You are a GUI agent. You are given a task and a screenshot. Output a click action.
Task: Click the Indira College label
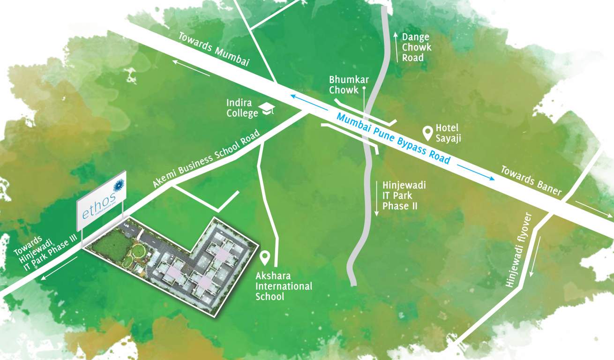pyautogui.click(x=240, y=108)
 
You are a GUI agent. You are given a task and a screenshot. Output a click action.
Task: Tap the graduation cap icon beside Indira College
pyautogui.click(x=268, y=109)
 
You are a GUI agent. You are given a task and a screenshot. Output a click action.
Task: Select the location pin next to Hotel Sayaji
pyautogui.click(x=427, y=133)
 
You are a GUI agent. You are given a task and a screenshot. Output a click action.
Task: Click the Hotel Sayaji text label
pyautogui.click(x=447, y=132)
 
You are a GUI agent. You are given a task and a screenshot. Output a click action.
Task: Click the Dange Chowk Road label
pyautogui.click(x=416, y=47)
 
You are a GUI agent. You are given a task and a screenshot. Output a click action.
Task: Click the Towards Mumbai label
pyautogui.click(x=213, y=51)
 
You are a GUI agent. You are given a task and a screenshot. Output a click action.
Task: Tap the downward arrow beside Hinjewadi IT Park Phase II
pyautogui.click(x=376, y=199)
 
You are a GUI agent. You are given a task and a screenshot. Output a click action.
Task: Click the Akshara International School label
pyautogui.click(x=284, y=285)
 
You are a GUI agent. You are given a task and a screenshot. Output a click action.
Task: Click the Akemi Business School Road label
pyautogui.click(x=206, y=159)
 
